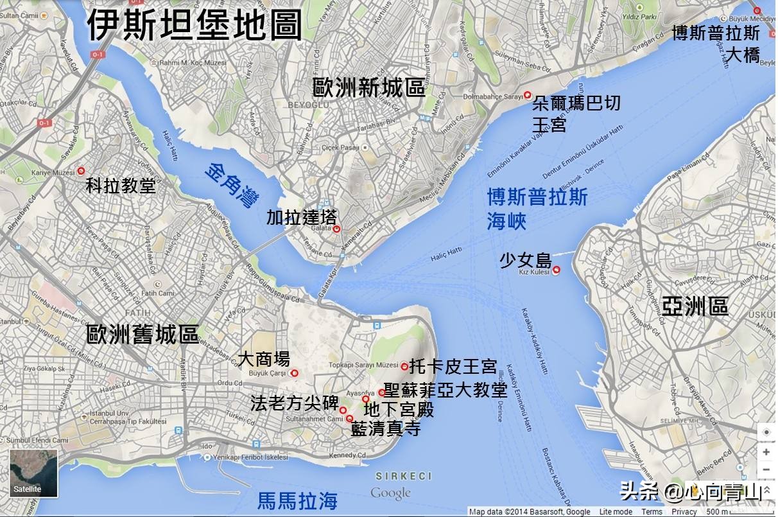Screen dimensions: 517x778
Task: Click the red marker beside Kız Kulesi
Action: (x=557, y=270)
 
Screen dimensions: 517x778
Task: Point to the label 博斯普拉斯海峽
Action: (x=537, y=209)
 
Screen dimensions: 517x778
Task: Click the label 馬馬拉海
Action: (x=297, y=501)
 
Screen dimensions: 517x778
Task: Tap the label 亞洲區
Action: (x=695, y=307)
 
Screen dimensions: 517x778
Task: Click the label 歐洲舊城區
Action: (x=143, y=334)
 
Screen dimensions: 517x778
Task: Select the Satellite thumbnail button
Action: (x=33, y=473)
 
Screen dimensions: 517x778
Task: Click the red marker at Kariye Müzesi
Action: (x=81, y=171)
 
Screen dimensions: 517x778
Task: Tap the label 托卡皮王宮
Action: (x=453, y=367)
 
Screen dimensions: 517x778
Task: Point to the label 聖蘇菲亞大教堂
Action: (x=445, y=390)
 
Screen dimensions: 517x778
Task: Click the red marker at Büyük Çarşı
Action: (x=295, y=373)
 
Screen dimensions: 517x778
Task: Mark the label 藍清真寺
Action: (x=386, y=429)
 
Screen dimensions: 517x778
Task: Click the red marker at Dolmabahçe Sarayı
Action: (x=528, y=95)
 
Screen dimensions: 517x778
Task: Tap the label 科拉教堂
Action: (x=121, y=186)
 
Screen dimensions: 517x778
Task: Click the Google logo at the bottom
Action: (x=390, y=493)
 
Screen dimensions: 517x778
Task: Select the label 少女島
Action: (x=525, y=261)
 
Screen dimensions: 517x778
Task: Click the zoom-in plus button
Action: (x=766, y=452)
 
